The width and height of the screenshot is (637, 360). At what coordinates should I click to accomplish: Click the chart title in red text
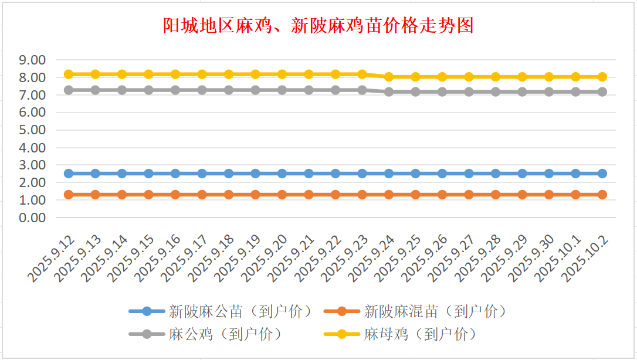(x=318, y=26)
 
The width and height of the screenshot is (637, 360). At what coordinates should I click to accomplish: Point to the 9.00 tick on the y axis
(x=32, y=60)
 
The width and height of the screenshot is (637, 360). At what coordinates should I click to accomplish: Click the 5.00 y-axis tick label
(x=32, y=130)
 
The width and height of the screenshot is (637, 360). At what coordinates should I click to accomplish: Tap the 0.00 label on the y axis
(x=32, y=218)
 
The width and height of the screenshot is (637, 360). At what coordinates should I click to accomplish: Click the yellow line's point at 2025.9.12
(x=69, y=74)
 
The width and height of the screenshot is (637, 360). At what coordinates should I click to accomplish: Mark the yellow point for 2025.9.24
(x=389, y=77)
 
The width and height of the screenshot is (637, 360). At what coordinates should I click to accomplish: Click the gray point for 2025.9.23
(x=362, y=90)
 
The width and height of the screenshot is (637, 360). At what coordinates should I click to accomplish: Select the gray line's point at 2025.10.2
(x=602, y=92)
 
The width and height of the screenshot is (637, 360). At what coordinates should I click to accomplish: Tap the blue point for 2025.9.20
(x=282, y=174)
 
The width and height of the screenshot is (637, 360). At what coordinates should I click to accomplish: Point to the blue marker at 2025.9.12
(x=69, y=174)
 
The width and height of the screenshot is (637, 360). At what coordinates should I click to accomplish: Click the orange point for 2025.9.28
(x=496, y=195)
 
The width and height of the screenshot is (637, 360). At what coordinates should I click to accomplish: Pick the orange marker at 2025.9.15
(x=148, y=195)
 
